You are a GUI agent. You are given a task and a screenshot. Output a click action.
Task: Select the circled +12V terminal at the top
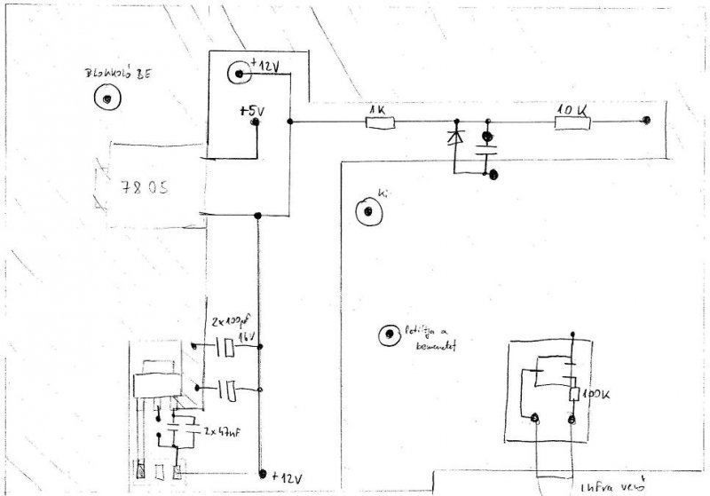coord(239,74)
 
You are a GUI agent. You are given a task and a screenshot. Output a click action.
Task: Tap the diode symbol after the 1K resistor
coord(457,138)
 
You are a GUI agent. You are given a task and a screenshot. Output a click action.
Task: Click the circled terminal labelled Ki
coord(366,212)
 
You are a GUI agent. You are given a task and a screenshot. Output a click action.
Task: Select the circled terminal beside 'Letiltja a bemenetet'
coord(388,335)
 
